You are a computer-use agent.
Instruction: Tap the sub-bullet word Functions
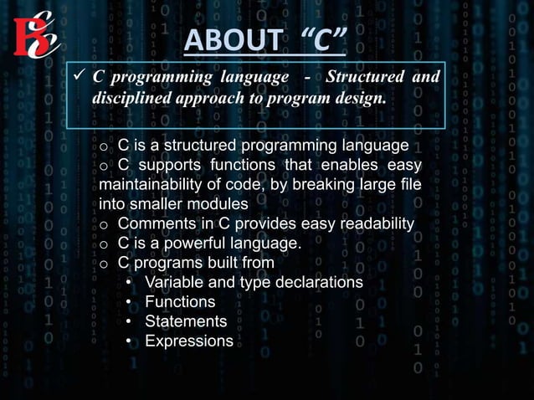click(x=180, y=301)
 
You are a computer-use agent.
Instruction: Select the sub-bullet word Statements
click(x=186, y=321)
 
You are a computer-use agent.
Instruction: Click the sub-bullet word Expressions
click(x=189, y=341)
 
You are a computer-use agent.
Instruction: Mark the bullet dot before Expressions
click(x=129, y=341)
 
